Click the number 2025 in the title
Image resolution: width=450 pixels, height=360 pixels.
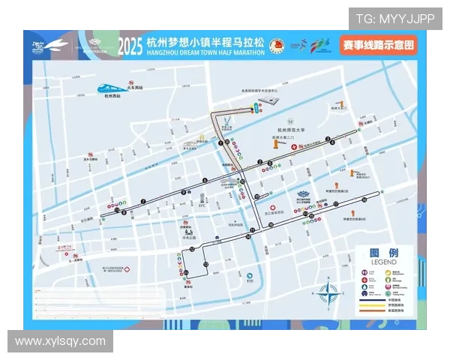click(x=130, y=46)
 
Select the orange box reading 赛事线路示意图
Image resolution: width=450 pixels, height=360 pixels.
click(x=379, y=45)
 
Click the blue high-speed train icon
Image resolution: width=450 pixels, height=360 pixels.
click(x=114, y=86)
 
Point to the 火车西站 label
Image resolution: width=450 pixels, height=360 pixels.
click(x=136, y=88)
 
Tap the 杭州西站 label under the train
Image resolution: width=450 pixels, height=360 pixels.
click(x=113, y=96)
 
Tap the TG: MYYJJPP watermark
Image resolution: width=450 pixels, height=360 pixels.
click(x=394, y=19)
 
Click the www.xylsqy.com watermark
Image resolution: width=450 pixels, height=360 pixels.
click(x=60, y=341)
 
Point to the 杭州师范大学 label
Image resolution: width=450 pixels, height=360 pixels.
click(x=288, y=130)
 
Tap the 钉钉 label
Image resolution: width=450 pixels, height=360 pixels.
click(x=250, y=283)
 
